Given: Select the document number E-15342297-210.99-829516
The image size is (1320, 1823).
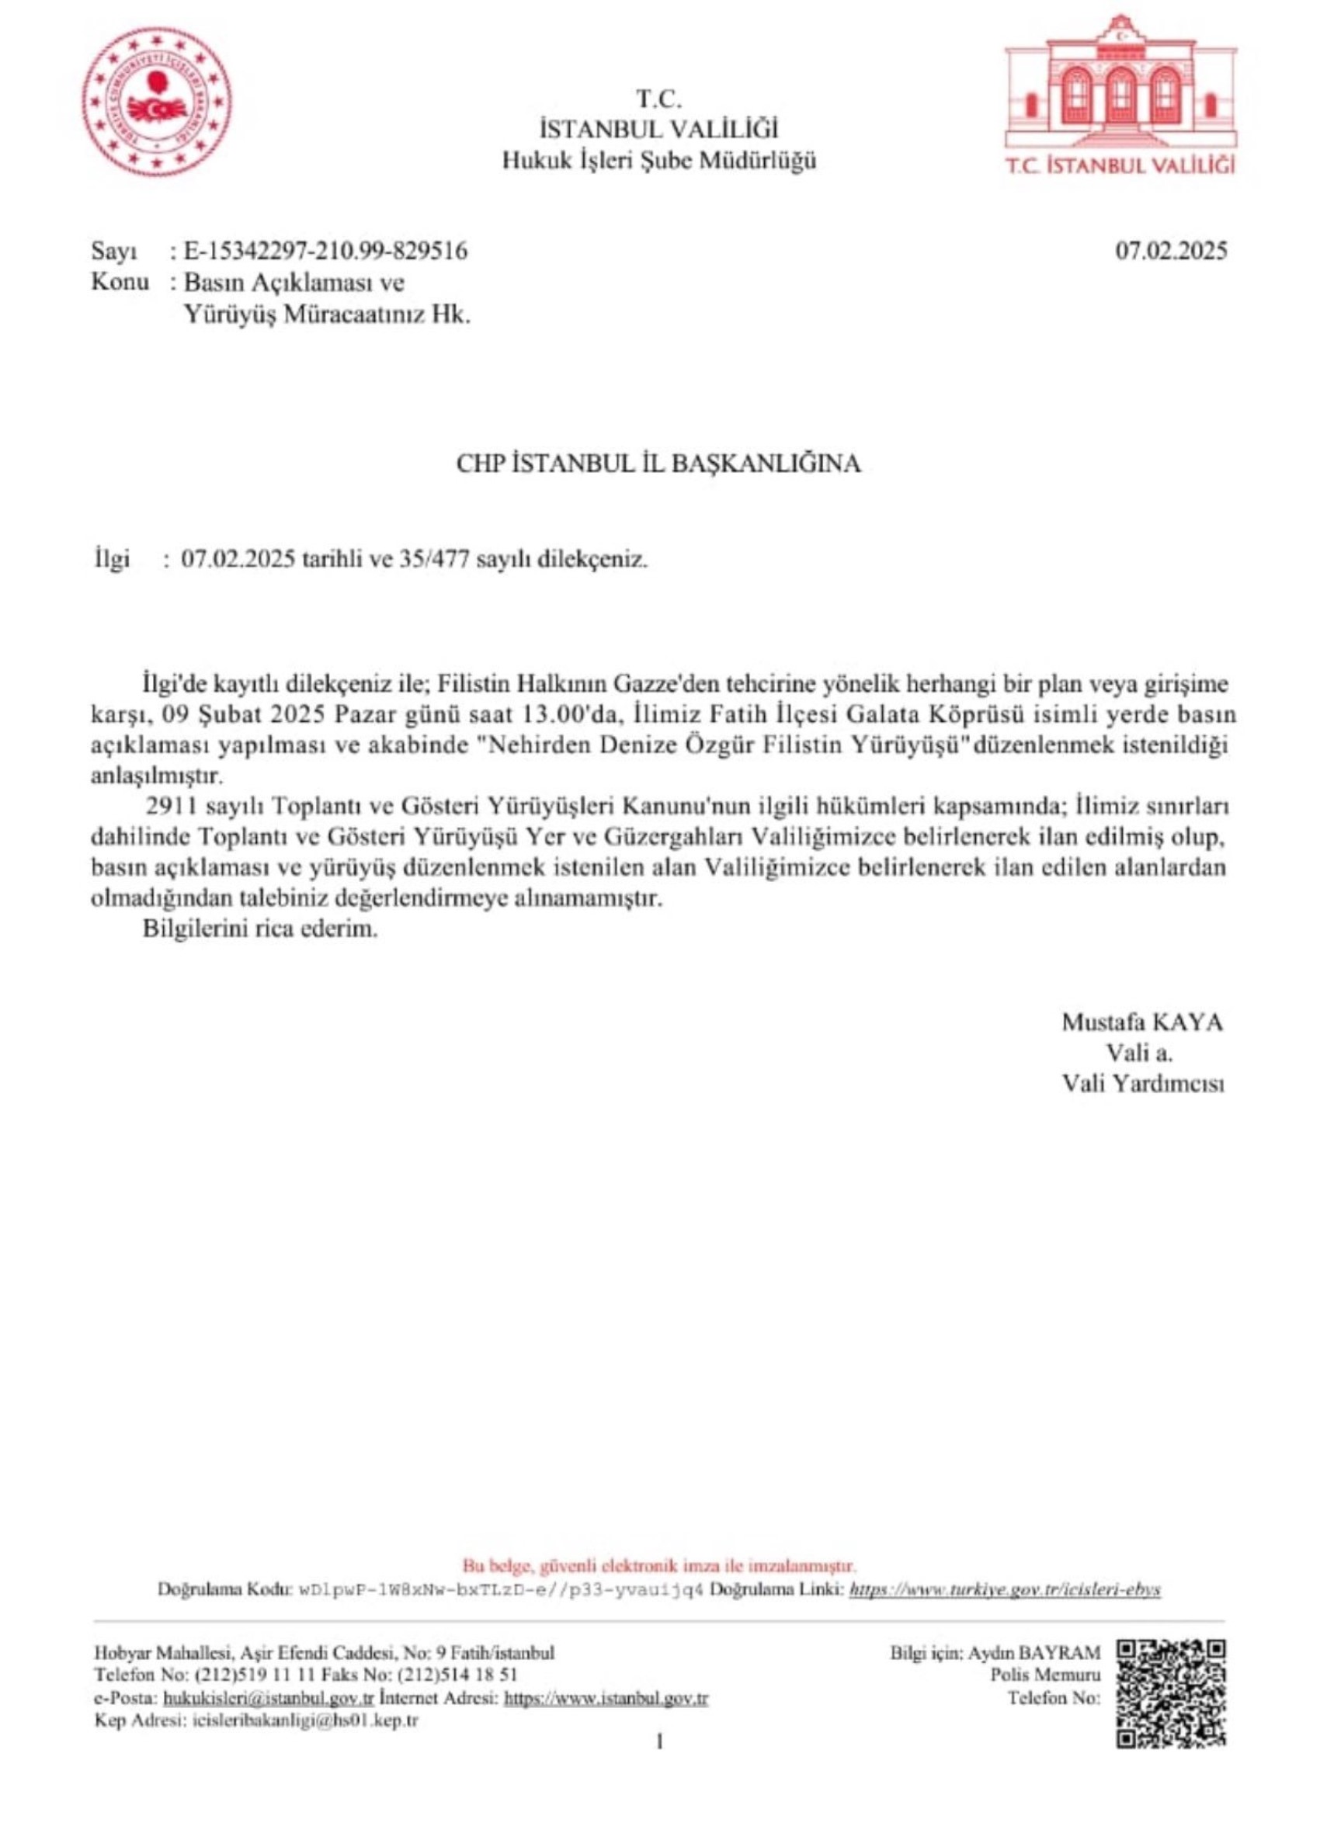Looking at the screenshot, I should coord(325,252).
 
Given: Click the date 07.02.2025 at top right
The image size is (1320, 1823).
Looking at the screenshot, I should coord(1170,252).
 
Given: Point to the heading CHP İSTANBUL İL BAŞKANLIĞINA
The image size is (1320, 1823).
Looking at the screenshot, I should coord(658,464).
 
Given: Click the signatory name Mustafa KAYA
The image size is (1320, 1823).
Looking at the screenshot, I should coord(1141,1023).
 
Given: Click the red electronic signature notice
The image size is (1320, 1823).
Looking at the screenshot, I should coord(659,1566).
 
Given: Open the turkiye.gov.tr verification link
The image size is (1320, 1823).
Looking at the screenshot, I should coord(1005,1590).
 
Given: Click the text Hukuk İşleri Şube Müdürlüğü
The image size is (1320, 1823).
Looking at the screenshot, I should coord(659,161).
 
